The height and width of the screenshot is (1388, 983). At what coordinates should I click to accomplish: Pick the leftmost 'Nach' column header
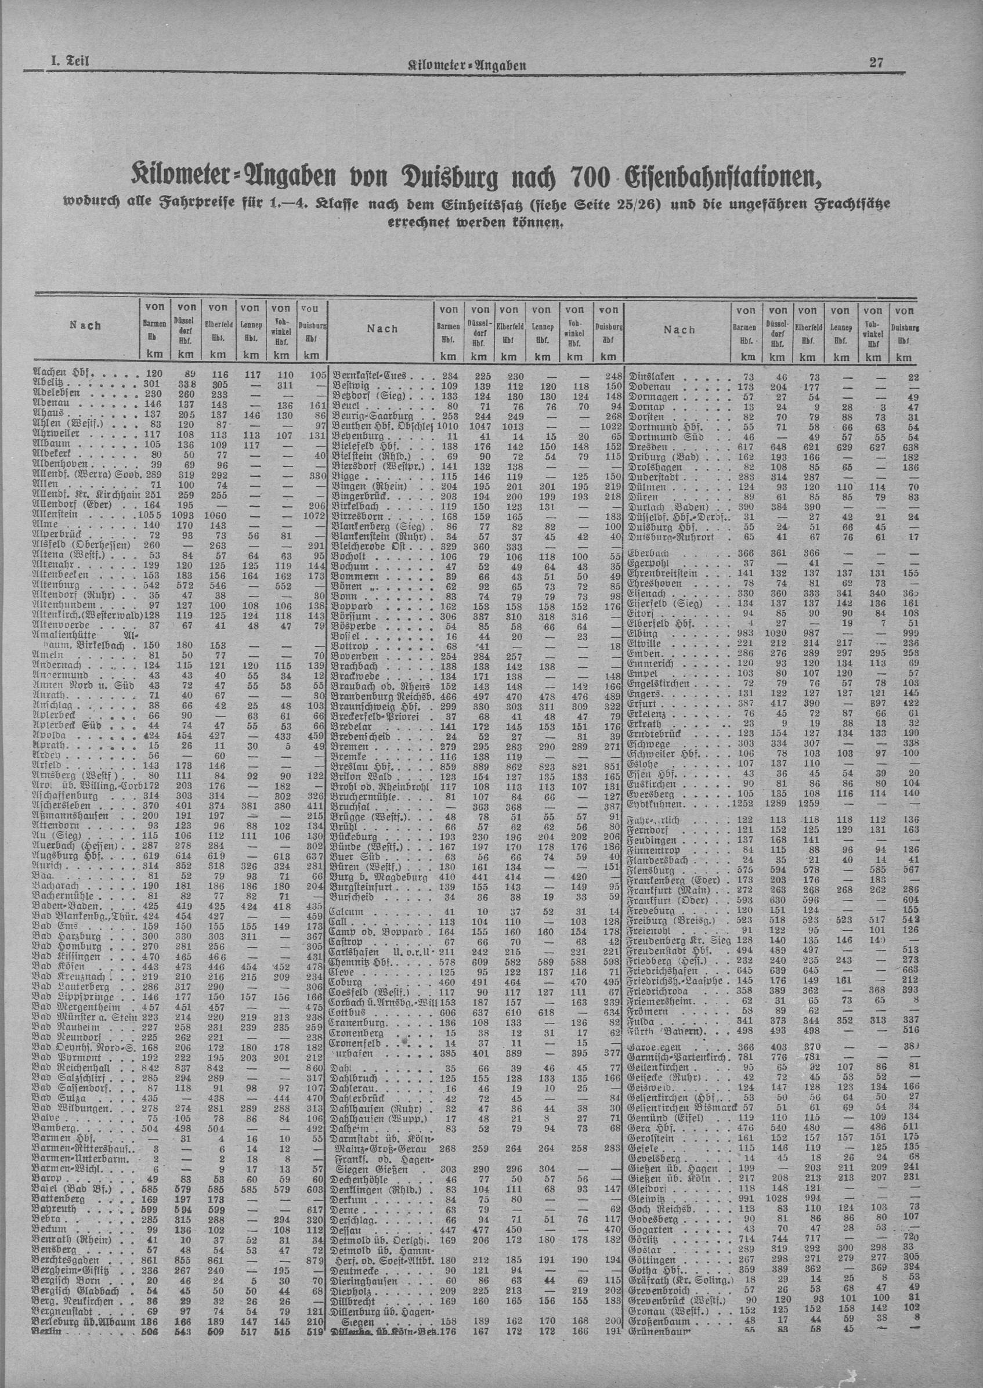pos(85,326)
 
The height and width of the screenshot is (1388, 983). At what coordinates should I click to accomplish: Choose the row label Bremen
pos(351,747)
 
